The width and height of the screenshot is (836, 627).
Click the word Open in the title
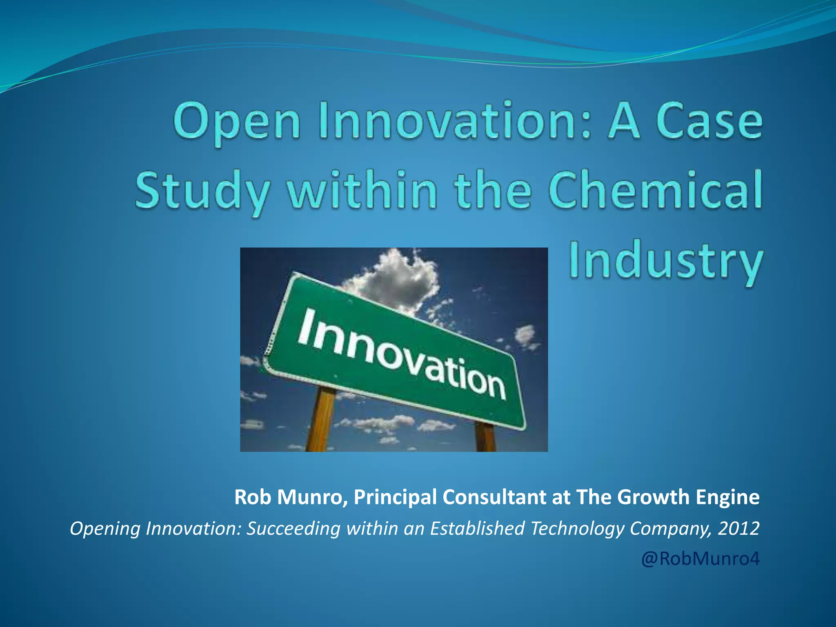(237, 121)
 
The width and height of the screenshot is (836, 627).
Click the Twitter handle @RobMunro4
(700, 558)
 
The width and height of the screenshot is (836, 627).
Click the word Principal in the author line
(395, 497)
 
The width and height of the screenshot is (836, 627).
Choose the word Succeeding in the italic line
(293, 528)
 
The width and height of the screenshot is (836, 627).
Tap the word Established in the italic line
(477, 528)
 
